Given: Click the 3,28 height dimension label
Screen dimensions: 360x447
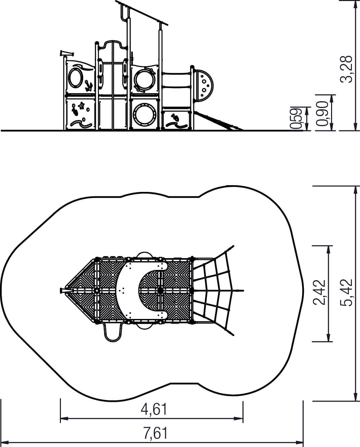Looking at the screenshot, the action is pyautogui.click(x=347, y=69).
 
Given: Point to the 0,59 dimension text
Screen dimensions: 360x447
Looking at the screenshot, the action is pyautogui.click(x=296, y=118).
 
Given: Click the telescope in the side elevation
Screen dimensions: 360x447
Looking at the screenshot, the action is pyautogui.click(x=67, y=53).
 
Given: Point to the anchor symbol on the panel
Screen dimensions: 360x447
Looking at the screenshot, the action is pyautogui.click(x=89, y=86).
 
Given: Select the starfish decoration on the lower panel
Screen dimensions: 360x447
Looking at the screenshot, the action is pyautogui.click(x=81, y=106).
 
